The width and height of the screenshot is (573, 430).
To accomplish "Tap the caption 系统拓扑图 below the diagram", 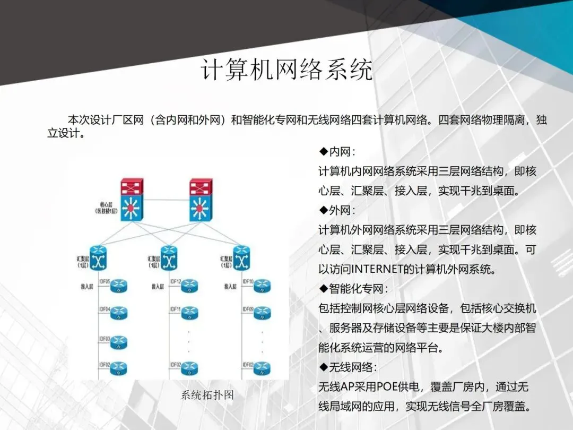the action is coord(207,395).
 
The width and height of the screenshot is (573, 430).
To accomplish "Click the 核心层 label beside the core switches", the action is coord(99,207).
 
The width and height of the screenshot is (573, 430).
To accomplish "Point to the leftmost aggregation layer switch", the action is coord(99,258).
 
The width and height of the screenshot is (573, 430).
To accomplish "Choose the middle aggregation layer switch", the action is coord(169,258).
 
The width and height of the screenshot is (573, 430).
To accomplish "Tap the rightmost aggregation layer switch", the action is coord(241,258).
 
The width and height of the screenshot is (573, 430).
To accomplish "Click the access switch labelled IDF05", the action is coord(119,287).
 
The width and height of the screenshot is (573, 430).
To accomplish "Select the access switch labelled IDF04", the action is coord(119,313).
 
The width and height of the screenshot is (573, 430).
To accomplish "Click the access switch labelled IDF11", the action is coord(189,313).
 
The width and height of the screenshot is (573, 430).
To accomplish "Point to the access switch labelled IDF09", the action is coord(262,313).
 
